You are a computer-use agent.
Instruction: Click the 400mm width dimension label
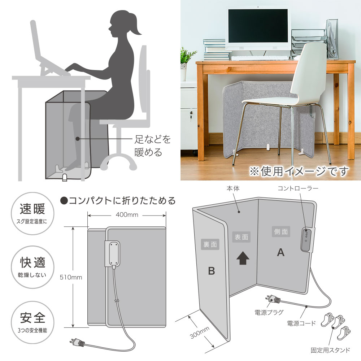(127, 215)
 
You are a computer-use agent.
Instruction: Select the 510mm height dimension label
(71, 277)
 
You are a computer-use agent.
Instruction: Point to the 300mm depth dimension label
(200, 332)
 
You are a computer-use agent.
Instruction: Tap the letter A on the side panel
(280, 253)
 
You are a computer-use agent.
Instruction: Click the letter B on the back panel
(211, 271)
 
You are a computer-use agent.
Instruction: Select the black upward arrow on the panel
(243, 258)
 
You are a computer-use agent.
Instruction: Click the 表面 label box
(241, 237)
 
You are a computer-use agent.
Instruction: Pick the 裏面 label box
(210, 244)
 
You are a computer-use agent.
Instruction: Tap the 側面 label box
(281, 232)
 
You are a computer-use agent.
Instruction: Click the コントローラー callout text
(298, 188)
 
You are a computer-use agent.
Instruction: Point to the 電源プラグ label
(269, 312)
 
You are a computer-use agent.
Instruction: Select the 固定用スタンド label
(330, 350)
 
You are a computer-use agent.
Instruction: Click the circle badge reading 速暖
(32, 213)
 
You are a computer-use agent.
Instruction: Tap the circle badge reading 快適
(32, 267)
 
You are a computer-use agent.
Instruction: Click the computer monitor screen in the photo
(258, 26)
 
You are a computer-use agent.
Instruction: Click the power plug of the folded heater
(78, 343)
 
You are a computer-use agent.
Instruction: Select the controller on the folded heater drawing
(112, 254)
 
